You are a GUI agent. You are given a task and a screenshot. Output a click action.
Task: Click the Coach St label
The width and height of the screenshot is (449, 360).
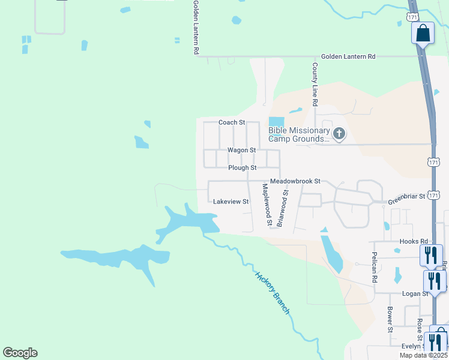[232, 122]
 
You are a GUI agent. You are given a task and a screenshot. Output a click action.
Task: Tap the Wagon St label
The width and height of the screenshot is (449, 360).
[241, 150]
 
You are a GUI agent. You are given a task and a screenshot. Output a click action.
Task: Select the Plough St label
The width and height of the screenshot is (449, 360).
[243, 168]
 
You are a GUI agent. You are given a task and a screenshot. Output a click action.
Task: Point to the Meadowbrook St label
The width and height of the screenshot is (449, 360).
[296, 181]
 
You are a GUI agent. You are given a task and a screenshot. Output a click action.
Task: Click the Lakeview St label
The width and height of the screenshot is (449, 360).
[231, 202]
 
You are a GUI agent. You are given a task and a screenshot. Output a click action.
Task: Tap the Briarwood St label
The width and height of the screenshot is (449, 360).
[285, 207]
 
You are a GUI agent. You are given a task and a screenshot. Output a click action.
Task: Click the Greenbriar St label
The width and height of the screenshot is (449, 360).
[406, 196]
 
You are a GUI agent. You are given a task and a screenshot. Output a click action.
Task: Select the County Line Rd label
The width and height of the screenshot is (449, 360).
[314, 84]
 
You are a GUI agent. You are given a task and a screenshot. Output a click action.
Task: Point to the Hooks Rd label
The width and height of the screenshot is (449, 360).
[412, 241]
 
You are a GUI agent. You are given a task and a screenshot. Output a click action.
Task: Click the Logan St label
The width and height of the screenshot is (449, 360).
[415, 293]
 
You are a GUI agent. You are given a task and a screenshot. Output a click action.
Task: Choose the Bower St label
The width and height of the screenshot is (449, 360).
[390, 320]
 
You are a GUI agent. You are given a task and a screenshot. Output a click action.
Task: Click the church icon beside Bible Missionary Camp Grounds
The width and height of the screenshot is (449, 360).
[339, 134]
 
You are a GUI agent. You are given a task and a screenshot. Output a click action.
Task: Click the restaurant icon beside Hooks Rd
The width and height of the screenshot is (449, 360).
[432, 255]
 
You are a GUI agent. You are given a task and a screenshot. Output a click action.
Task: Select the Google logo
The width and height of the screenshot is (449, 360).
[20, 353]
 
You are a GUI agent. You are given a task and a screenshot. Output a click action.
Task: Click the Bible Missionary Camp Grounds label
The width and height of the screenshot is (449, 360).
[299, 134]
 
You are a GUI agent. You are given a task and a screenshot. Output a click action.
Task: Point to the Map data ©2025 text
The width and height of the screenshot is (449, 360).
[423, 355]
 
